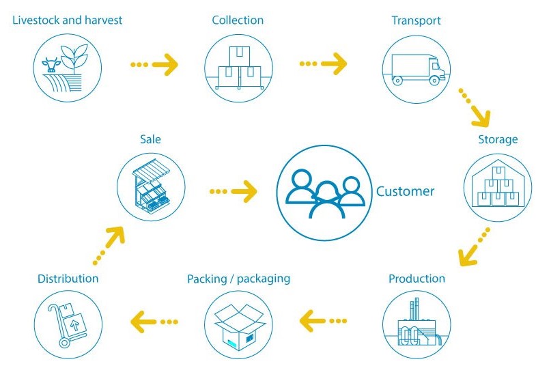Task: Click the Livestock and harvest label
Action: click(67, 20)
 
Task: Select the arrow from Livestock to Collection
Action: click(153, 65)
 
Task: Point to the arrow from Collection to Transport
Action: click(322, 65)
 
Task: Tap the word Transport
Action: click(416, 20)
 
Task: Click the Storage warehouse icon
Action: click(496, 186)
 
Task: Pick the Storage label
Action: click(498, 140)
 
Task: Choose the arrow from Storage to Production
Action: click(475, 246)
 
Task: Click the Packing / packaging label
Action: click(238, 279)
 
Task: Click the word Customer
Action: click(405, 191)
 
